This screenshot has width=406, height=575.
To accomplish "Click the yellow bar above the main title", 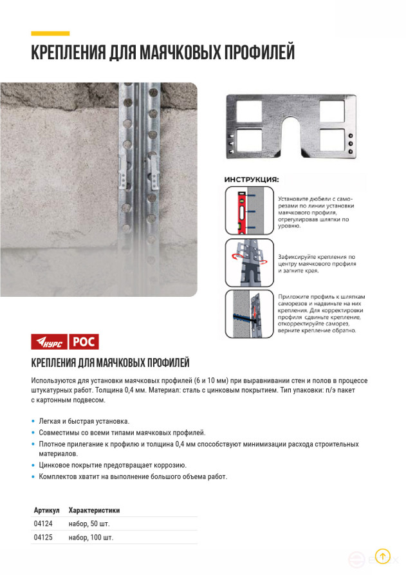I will [50, 33].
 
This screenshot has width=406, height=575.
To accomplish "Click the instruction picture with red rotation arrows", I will [250, 262].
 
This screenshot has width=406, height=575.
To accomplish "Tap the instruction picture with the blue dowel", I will [250, 314].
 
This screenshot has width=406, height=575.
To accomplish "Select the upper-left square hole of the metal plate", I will [248, 111].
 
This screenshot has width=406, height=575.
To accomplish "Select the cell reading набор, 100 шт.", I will [91, 537].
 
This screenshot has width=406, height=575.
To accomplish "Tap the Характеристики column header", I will [94, 510].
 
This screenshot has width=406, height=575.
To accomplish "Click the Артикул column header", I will [46, 510].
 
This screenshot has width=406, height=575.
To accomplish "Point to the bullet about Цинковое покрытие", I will [113, 465].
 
